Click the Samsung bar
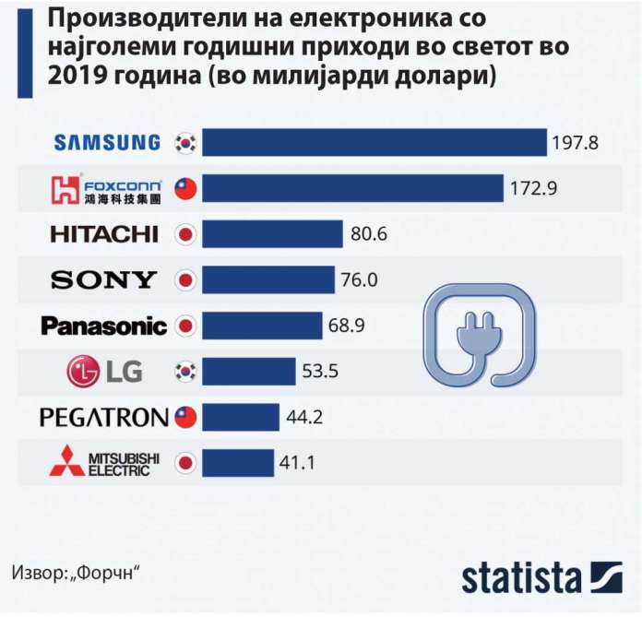pos(374,142)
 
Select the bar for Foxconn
pos(352,188)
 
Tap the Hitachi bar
pos(272,233)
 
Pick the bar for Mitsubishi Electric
pos(238,462)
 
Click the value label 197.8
pos(577,143)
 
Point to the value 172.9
pos(532,189)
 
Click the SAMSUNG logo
pos(107,142)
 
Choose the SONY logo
pos(104,279)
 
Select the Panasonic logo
pos(104,326)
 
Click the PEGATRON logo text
pos(104,417)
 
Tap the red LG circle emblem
pos(82,372)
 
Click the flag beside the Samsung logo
pos(186,142)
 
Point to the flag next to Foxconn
pos(186,189)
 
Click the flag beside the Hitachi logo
pos(186,234)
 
